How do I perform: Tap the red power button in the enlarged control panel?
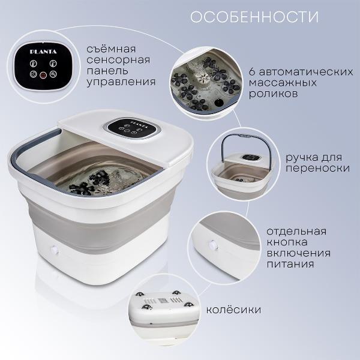coord(43,76)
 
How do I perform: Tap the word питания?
coord(287,263)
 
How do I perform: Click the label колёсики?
coord(233,311)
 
